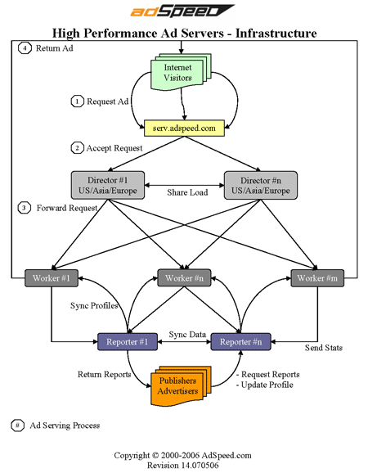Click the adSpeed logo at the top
pos(182,11)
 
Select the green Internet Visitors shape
pos(181,72)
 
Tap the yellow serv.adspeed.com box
pos(184,128)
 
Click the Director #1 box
pos(108,185)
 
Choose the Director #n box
pos(261,185)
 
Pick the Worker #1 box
pos(52,278)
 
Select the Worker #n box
pos(184,278)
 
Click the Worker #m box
pos(317,278)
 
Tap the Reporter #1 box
pos(128,342)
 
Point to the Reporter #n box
pos(240,342)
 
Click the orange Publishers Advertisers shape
pos(181,385)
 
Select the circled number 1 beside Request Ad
pos(77,101)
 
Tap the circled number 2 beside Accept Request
pos(77,148)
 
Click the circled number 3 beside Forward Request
pos(25,208)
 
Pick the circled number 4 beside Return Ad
pos(25,48)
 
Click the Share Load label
pos(187,192)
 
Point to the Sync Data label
pos(187,334)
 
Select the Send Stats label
pos(324,348)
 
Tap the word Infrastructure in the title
pos(276,34)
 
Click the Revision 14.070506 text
pos(182,466)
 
